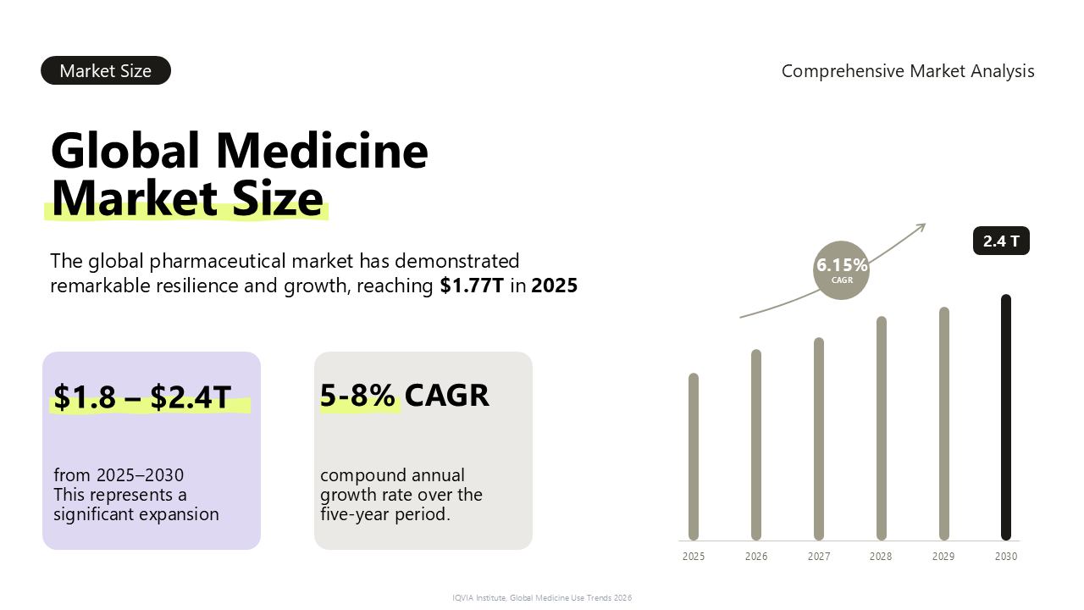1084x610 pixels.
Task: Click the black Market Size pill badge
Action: click(106, 70)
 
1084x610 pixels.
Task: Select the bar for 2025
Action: click(694, 457)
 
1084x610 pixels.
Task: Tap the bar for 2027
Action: click(819, 439)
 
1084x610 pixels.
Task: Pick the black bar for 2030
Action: click(1006, 418)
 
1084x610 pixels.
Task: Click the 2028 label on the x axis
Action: click(881, 557)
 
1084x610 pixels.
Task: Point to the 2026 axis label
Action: click(756, 557)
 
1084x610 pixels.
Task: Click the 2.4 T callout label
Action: click(1001, 241)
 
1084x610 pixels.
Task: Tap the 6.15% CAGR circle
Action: click(841, 270)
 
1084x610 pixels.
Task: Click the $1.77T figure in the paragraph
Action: click(472, 286)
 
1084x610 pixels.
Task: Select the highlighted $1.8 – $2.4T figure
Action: click(142, 397)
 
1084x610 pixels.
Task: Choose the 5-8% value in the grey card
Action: click(357, 395)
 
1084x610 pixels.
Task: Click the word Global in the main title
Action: click(124, 150)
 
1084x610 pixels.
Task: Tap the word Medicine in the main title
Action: click(322, 150)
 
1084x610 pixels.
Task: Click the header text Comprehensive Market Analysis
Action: click(908, 71)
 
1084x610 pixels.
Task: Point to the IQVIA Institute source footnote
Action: click(542, 598)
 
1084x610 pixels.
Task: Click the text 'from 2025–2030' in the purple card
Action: click(119, 475)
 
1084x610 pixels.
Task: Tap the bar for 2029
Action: click(944, 424)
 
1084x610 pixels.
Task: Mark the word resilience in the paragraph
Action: click(196, 286)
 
